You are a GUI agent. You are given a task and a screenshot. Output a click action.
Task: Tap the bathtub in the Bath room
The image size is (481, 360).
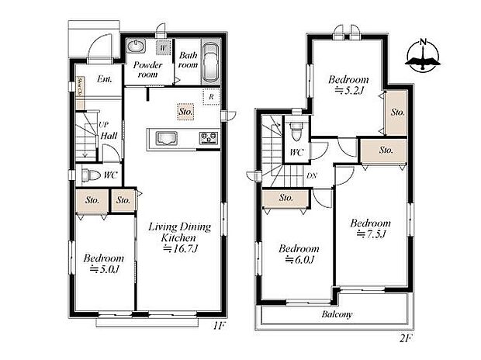click(210, 63)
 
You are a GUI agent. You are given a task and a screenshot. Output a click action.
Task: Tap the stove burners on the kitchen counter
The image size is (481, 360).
click(209, 140)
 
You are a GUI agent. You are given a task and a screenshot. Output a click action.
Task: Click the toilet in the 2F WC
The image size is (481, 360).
click(296, 130)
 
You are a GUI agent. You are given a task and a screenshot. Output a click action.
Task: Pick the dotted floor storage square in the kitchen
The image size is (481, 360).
click(184, 112)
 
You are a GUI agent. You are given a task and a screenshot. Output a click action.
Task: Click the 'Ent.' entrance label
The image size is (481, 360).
click(105, 79)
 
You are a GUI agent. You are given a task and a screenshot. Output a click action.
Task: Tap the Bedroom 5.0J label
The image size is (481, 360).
click(104, 264)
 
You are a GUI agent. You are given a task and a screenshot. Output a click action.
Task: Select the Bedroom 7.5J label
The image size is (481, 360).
click(369, 229)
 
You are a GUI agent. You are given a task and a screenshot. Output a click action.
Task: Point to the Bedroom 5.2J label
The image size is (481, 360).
click(347, 85)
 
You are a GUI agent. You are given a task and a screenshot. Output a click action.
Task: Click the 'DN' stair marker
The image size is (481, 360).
click(311, 175)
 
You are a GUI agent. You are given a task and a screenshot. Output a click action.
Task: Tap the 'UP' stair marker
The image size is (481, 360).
click(102, 125)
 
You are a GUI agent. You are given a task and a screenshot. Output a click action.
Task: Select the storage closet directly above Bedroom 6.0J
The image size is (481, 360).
click(285, 199)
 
